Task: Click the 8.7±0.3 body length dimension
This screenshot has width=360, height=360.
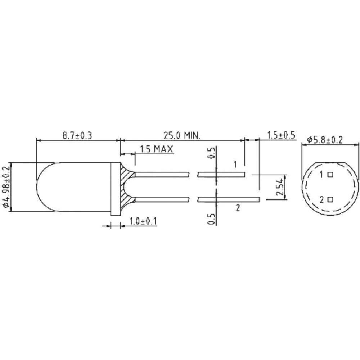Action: click(77, 136)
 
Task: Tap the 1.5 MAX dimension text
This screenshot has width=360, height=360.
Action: click(156, 149)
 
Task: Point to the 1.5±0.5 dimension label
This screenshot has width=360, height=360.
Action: click(281, 135)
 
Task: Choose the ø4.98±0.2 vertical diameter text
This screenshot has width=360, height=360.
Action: click(5, 186)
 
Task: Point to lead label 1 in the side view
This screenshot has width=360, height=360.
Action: click(235, 165)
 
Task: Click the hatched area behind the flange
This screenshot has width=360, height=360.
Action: click(126, 187)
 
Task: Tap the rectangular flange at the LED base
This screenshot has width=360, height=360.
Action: click(115, 189)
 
